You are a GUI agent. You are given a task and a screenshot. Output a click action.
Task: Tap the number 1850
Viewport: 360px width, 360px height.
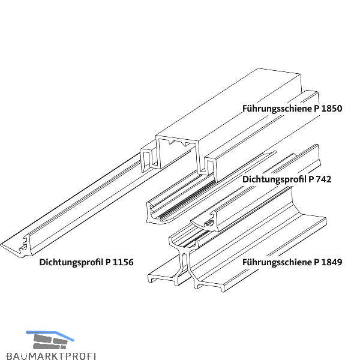coord(329,109)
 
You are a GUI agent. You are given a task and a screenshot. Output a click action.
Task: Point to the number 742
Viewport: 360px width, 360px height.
coord(323,179)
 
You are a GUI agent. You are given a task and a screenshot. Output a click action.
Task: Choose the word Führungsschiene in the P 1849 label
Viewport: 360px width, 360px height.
coord(275,262)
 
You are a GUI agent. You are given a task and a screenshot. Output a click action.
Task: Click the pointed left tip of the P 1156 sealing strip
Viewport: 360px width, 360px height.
coord(5,246)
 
